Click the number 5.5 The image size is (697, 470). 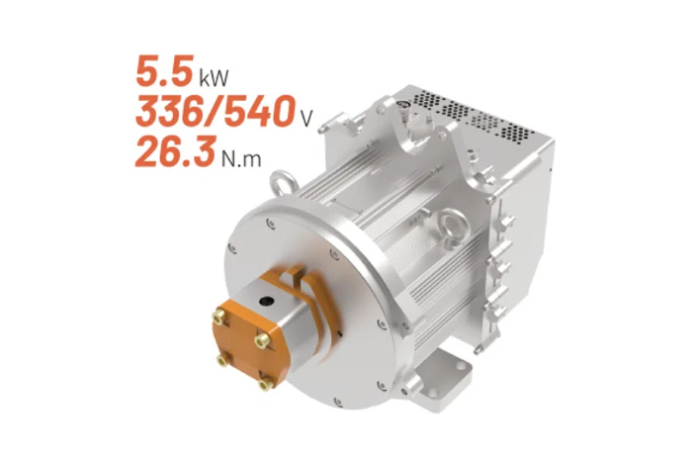click(x=164, y=70)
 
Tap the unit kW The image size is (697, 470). click(x=214, y=77)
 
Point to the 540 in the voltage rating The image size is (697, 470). click(x=259, y=111)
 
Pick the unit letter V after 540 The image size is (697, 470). click(x=306, y=118)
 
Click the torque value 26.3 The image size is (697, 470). click(x=176, y=151)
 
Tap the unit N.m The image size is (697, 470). click(x=241, y=158)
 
